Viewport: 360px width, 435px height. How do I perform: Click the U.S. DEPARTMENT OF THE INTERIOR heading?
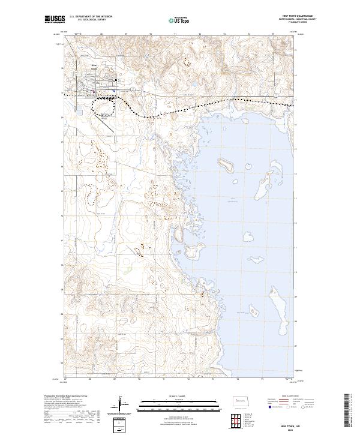click(91, 17)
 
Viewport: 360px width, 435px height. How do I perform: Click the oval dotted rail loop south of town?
click(103, 108)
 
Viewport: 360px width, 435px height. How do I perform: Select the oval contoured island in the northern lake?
click(226, 163)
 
